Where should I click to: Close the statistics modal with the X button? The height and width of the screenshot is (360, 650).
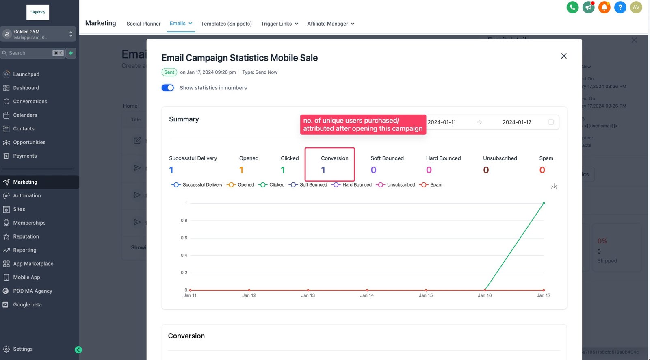(563, 56)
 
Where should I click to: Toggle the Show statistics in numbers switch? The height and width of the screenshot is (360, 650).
(167, 88)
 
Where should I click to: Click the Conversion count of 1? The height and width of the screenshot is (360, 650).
(323, 170)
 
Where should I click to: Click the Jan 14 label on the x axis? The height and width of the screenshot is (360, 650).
(366, 295)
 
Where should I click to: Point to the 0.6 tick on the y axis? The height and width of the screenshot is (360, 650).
(184, 238)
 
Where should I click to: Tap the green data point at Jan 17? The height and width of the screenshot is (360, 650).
(544, 203)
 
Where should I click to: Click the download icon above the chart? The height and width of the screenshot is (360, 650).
(554, 187)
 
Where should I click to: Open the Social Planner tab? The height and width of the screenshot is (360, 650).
(143, 24)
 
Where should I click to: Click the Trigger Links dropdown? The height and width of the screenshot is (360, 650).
(279, 24)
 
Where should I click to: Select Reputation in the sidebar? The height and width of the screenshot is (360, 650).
(26, 236)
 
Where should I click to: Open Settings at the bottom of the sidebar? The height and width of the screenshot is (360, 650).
(23, 349)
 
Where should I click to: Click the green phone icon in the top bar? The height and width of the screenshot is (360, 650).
(572, 7)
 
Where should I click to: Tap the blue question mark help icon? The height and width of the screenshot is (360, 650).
(620, 7)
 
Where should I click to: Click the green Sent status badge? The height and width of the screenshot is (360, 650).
(169, 72)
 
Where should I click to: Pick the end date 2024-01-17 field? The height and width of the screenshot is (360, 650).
(517, 122)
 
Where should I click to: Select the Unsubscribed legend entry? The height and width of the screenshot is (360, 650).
(396, 185)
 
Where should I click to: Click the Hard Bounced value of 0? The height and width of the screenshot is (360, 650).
(429, 170)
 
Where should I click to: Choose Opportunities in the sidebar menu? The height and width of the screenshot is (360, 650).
(29, 142)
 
